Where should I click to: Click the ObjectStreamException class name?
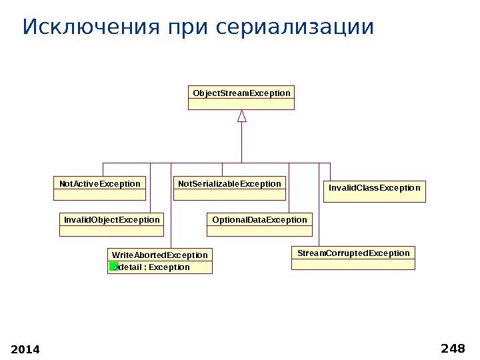[x=241, y=93]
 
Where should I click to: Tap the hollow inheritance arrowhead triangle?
[x=242, y=116]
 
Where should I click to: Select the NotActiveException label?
[x=100, y=183]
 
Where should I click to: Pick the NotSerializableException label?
[x=229, y=183]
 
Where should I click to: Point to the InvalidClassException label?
[x=375, y=188]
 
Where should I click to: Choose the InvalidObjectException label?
[x=112, y=219]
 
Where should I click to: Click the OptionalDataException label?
[x=259, y=219]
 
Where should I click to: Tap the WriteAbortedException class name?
[x=160, y=255]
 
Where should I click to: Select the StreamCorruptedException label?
[x=353, y=253]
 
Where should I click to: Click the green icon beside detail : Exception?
[x=114, y=267]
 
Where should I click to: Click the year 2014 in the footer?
[x=26, y=349]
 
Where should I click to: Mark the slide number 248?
[x=453, y=348]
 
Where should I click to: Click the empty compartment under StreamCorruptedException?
[x=353, y=265]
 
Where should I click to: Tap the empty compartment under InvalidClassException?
[x=375, y=198]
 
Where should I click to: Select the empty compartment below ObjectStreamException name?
[x=241, y=104]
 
